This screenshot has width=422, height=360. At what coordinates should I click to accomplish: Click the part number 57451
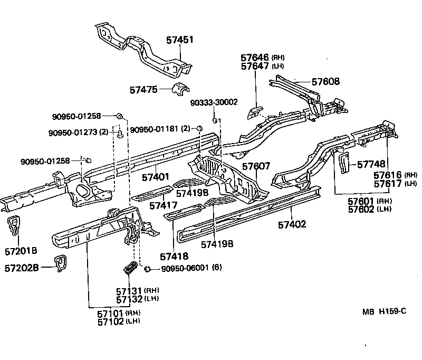[x=180, y=40]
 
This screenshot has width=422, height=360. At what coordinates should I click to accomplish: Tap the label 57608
[x=325, y=81]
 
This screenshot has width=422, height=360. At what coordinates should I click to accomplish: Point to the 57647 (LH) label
[x=263, y=66]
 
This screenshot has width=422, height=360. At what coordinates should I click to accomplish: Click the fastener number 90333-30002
[x=215, y=102]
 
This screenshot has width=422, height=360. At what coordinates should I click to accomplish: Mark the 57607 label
[x=256, y=166]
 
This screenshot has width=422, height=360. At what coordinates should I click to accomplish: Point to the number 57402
[x=292, y=224]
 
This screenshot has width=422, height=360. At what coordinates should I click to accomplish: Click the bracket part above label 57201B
[x=15, y=226]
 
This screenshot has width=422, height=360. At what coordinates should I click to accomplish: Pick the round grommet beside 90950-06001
[x=148, y=269]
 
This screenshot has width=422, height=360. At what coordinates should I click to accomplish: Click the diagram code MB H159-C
[x=384, y=311]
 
